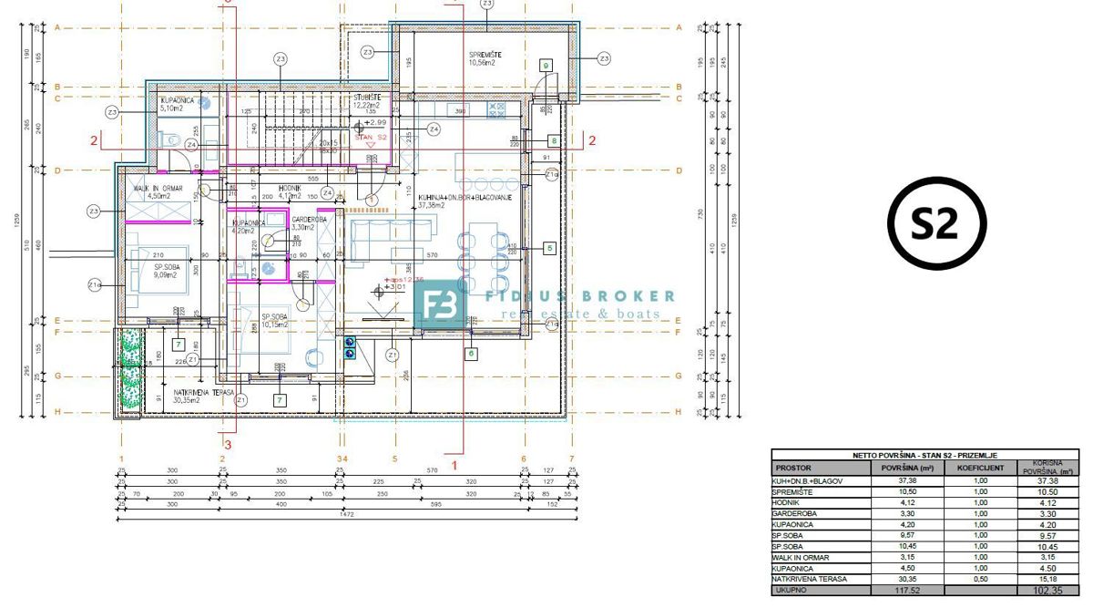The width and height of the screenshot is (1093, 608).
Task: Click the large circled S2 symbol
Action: click(937, 222)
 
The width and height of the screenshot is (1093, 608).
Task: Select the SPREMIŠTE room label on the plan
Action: click(485, 56)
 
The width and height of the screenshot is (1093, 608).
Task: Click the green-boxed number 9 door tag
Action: click(545, 66)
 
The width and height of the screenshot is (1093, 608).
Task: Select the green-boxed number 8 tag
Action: click(553, 140)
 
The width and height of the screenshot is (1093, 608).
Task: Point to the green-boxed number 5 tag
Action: click(548, 247)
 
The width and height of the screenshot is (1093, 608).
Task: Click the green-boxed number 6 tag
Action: click(471, 353)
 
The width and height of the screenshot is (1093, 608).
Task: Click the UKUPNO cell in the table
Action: click(790, 590)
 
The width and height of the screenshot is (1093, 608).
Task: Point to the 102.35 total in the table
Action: click(1049, 590)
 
